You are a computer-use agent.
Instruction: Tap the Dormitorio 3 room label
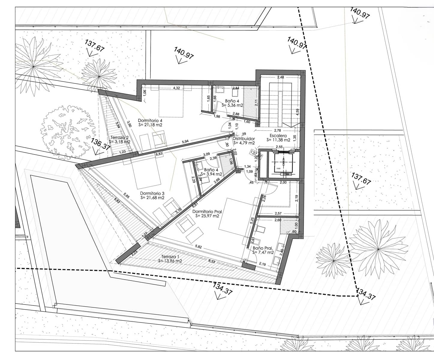152,193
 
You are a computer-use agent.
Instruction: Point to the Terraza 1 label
170,257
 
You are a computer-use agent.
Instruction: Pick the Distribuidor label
244,139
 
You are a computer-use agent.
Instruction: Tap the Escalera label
278,136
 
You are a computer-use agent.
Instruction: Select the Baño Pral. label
263,248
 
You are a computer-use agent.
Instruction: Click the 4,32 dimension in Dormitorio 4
177,88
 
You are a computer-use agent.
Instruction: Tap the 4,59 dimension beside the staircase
297,112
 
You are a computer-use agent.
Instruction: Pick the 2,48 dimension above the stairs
280,77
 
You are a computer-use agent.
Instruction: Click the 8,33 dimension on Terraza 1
211,261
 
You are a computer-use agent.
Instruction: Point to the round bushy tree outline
66,132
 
